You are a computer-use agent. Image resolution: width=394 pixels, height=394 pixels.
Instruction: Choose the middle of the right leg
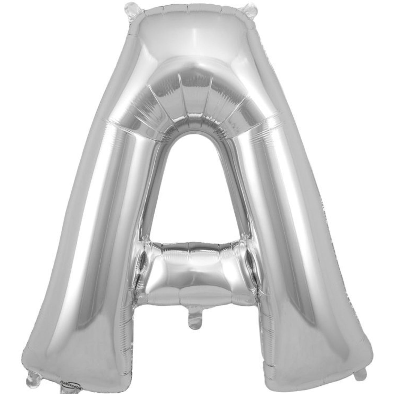(289, 218)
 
